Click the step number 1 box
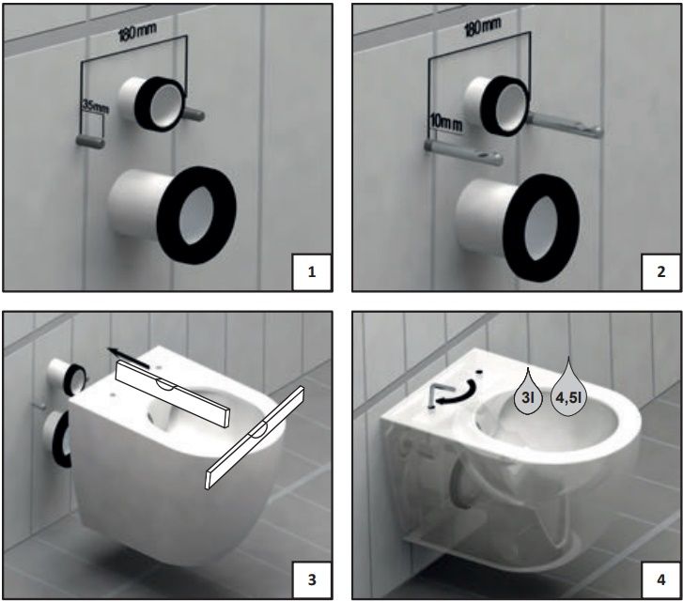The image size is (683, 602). click(312, 272)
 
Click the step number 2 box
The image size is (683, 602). click(660, 272)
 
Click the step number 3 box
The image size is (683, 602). click(312, 579)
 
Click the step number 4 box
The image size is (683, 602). click(660, 579)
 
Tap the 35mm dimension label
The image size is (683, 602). click(95, 106)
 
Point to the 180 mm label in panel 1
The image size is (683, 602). click(137, 32)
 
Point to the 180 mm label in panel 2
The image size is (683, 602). click(483, 27)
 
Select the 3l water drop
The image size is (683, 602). click(528, 392)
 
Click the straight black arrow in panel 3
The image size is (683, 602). click(129, 358)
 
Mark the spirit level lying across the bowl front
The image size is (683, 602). click(255, 438)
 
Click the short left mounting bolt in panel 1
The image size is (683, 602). click(90, 142)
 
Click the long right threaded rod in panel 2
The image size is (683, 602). click(565, 125)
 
